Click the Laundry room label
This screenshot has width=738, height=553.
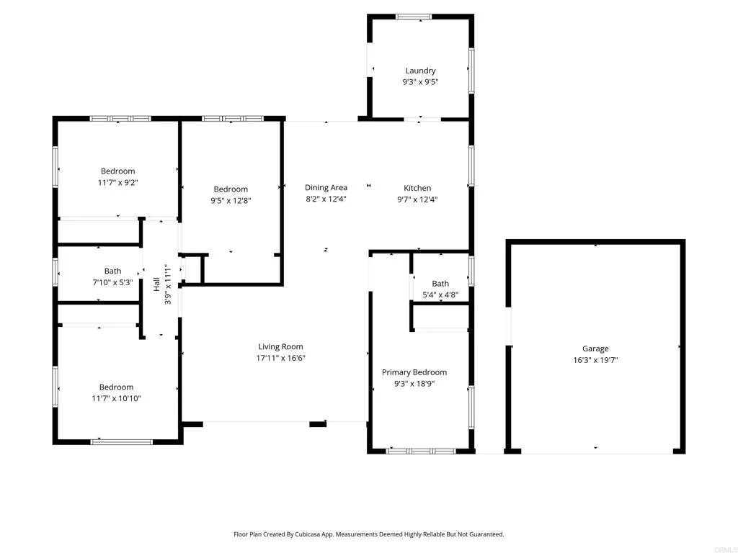click(420, 71)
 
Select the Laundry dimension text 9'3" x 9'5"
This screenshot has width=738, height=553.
click(420, 82)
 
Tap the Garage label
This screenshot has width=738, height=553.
click(595, 349)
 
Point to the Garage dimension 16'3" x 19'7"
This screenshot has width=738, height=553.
click(595, 360)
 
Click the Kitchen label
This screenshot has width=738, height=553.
click(417, 188)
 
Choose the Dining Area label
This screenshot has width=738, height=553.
click(326, 188)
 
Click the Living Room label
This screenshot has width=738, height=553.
click(281, 346)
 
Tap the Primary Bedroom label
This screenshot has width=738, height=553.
click(414, 372)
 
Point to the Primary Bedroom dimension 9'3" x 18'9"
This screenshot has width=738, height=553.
click(414, 384)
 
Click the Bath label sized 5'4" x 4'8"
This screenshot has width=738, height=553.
click(440, 284)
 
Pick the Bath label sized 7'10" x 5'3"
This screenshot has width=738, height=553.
click(112, 271)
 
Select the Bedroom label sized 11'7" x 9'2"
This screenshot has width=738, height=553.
click(117, 171)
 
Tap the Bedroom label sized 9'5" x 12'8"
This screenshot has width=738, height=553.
click(231, 189)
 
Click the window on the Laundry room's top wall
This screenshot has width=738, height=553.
click(414, 17)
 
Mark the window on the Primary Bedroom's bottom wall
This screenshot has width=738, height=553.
click(421, 451)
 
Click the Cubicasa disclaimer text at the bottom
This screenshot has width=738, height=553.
click(368, 534)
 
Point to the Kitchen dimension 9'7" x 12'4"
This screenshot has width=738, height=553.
click(417, 199)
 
